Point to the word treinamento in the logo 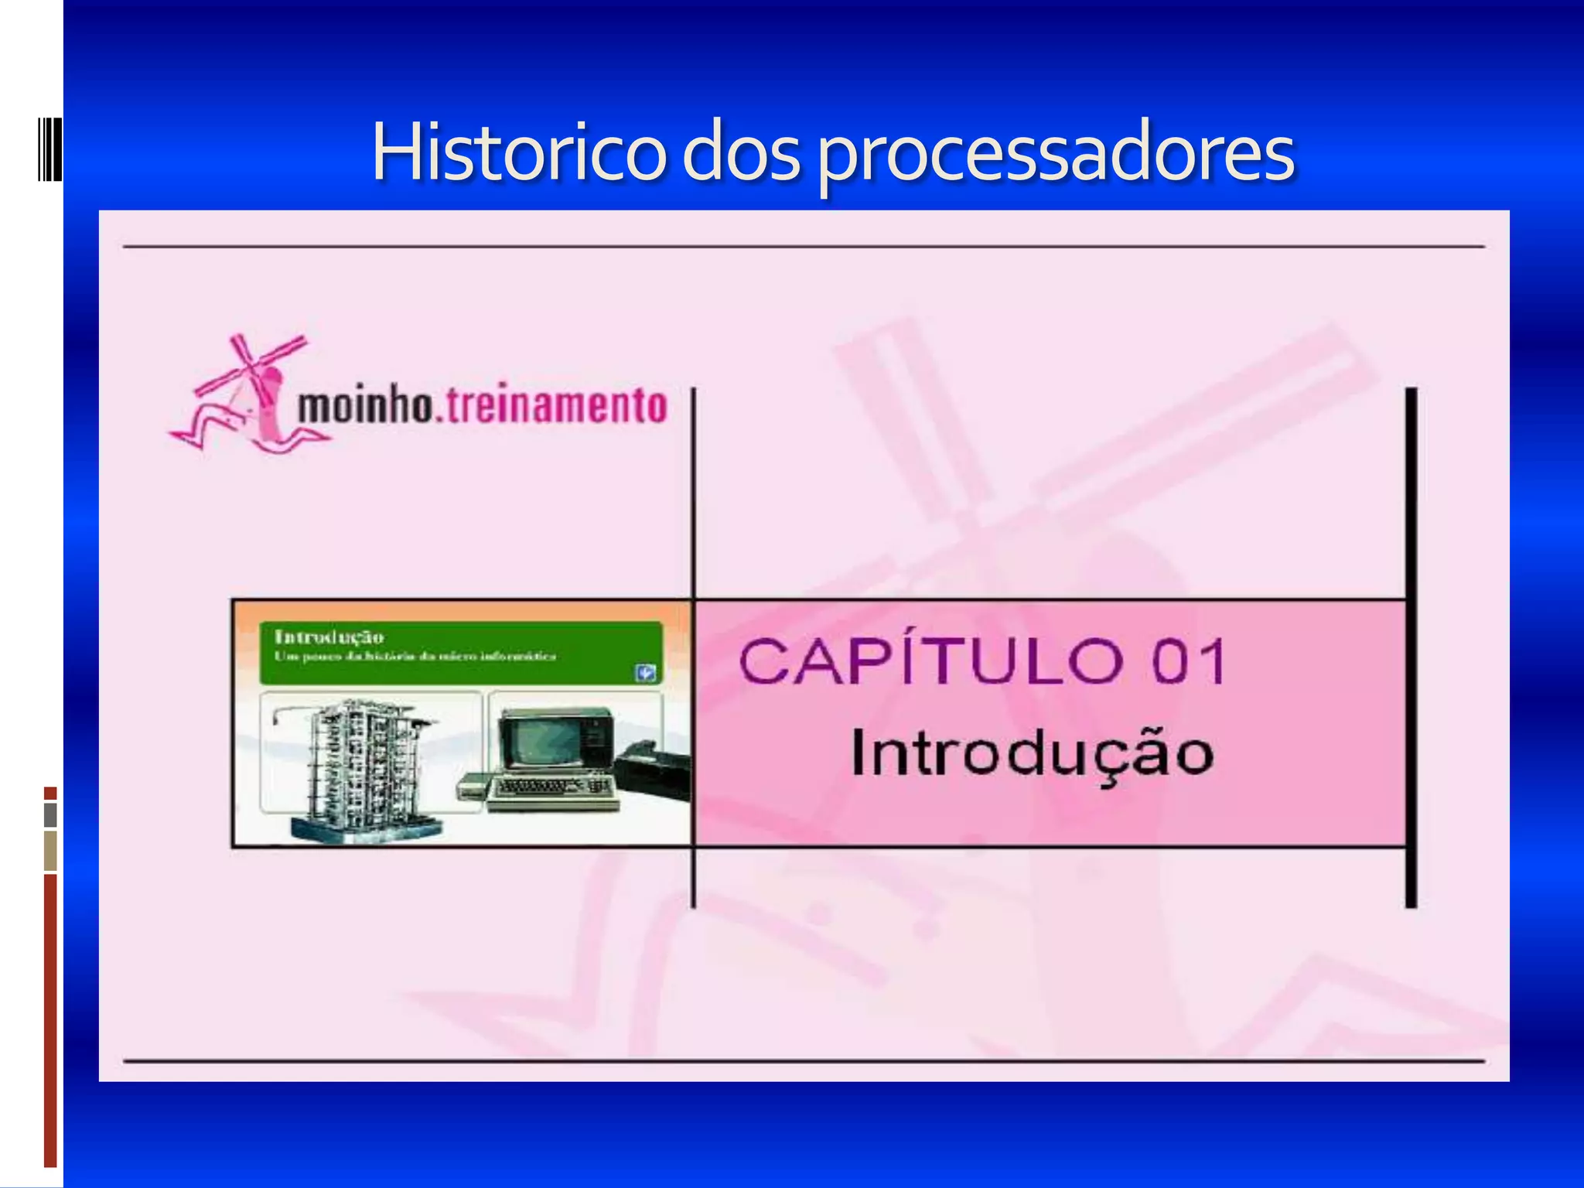555,406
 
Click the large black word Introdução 1033,754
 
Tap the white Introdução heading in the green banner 329,637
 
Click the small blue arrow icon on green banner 646,673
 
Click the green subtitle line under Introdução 415,657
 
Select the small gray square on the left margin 50,814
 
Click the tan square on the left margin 50,850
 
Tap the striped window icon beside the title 49,148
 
